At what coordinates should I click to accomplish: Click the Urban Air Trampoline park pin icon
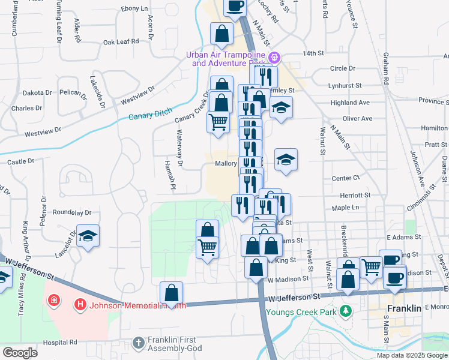[x=274, y=58]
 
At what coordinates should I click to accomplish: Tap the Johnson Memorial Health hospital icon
[x=79, y=305]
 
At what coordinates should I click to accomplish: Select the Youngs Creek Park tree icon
[x=346, y=311]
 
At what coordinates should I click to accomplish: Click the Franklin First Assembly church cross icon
[x=138, y=343]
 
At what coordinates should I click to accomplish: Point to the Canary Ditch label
[x=151, y=112]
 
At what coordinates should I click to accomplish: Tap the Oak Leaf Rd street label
[x=121, y=41]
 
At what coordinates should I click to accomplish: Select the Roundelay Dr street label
[x=71, y=212]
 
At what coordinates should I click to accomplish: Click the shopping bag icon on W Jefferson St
[x=172, y=293]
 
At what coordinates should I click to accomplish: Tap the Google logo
[x=20, y=352]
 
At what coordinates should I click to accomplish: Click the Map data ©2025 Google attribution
[x=412, y=355]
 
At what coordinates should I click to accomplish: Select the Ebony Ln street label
[x=134, y=8]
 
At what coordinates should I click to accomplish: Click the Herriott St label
[x=355, y=195]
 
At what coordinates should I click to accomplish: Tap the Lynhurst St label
[x=345, y=86]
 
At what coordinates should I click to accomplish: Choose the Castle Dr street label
[x=20, y=161]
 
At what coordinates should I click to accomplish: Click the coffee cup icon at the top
[x=235, y=5]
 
